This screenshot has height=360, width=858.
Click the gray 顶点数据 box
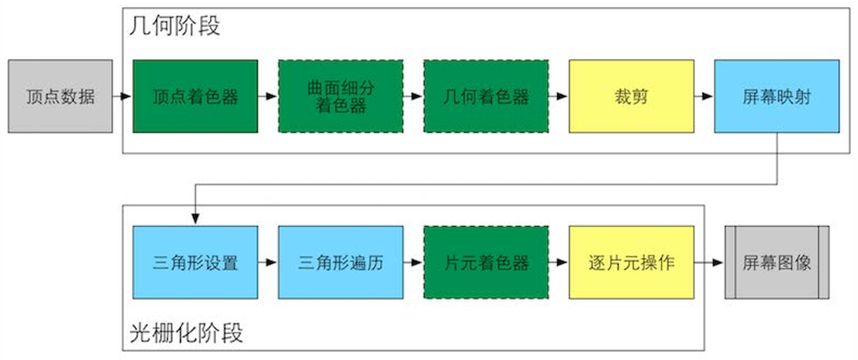coord(60,97)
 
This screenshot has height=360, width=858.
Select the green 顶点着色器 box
coord(195,97)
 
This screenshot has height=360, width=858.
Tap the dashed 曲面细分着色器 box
coord(341,97)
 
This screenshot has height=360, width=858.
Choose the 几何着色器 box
coord(486,97)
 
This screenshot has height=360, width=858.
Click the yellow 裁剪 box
coord(631,97)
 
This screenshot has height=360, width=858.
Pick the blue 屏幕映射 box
coord(776,97)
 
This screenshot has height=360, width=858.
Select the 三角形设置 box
coord(195,263)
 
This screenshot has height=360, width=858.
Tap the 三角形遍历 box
coord(341,263)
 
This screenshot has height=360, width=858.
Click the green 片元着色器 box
coord(486,263)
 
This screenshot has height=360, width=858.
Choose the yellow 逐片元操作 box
coord(631,263)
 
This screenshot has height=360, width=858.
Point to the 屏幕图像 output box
coord(777,263)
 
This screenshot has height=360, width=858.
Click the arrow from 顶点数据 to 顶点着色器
coord(122,97)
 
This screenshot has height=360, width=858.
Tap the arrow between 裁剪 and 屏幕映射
coord(703,97)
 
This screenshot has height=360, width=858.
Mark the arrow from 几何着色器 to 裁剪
coord(558,97)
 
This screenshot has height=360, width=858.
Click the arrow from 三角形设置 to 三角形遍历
coord(267,263)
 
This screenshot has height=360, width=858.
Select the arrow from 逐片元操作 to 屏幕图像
coord(709,263)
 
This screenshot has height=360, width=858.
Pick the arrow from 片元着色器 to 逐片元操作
coord(558,263)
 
